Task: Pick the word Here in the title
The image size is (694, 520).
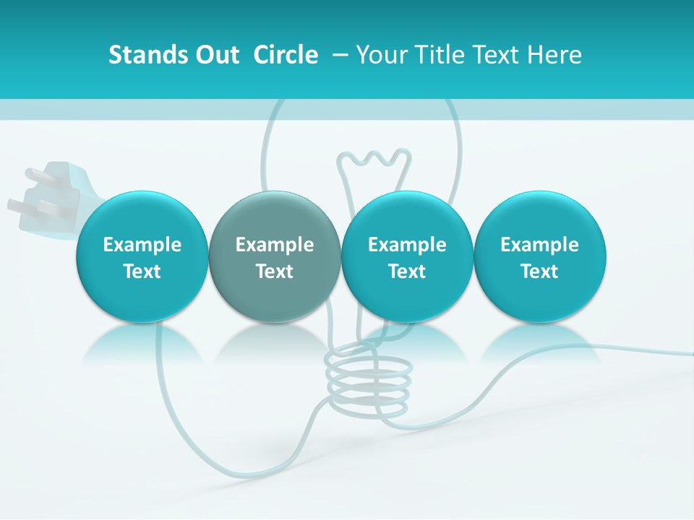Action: tap(555, 55)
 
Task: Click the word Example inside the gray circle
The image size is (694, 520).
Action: tap(275, 245)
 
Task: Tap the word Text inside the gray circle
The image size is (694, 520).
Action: tap(275, 272)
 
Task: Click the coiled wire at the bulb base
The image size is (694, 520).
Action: tap(369, 383)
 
